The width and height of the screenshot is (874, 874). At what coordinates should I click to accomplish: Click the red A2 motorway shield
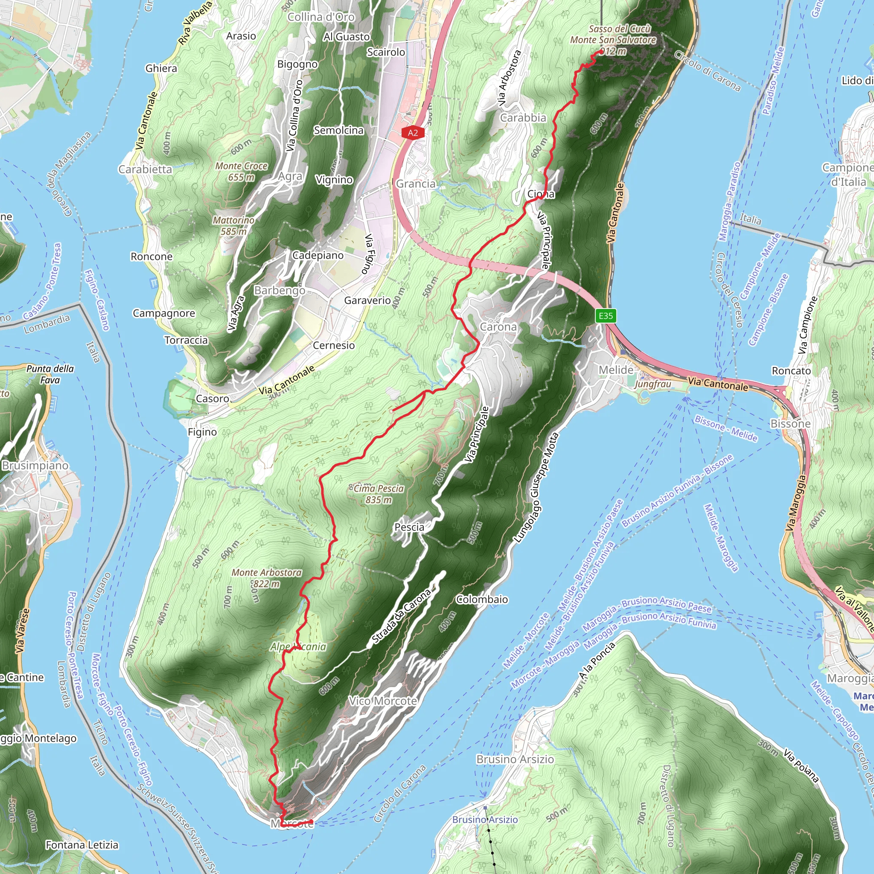point(413,133)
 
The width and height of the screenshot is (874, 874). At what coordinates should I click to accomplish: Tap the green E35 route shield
point(605,315)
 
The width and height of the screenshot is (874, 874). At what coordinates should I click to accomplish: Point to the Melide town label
point(616,370)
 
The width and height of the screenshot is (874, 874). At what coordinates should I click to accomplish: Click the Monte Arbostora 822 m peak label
point(266,578)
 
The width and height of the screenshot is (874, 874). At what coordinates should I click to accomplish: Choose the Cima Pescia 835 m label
point(378,494)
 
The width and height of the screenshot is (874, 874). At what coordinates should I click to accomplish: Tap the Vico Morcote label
point(383,701)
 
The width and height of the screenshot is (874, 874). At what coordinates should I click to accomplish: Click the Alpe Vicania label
point(298,647)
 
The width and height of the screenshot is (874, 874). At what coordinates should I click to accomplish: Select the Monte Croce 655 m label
point(241,172)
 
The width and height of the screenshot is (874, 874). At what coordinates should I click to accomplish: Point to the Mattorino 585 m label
point(233,225)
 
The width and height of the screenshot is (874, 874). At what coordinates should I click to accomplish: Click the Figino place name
point(202,431)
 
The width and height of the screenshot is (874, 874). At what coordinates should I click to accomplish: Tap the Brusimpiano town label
point(35,465)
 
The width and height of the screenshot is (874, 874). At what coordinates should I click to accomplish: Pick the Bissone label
point(790,423)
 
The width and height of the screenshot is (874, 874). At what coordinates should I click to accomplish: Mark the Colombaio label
point(482,600)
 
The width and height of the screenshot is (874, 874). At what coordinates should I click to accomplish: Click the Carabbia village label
point(523,118)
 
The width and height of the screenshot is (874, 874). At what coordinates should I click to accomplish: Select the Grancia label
point(415,184)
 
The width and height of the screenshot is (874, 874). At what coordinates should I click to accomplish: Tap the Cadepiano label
point(318,255)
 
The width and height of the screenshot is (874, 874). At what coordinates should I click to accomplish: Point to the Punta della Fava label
point(50,374)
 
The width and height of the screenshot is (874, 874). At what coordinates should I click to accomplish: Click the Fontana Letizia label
point(82,845)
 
